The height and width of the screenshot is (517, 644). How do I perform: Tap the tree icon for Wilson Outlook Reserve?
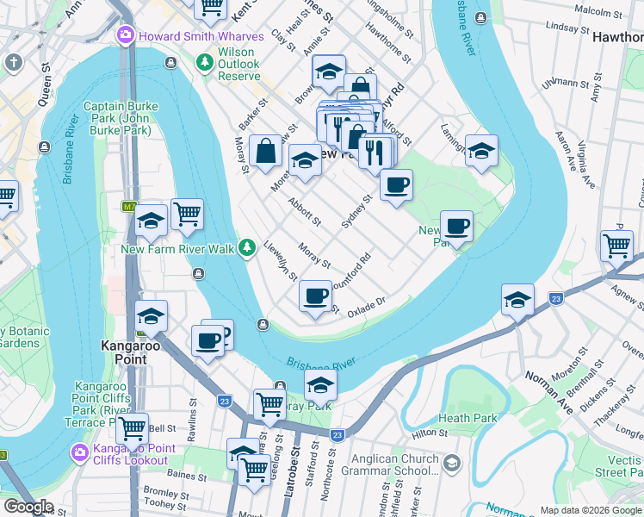click(x=204, y=62)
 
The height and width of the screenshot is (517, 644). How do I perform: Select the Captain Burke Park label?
click(x=121, y=118)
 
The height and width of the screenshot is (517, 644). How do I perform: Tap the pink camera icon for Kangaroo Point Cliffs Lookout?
click(x=79, y=452)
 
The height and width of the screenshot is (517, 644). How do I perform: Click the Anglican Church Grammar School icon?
click(x=453, y=465)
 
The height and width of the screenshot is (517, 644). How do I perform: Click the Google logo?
click(x=28, y=508)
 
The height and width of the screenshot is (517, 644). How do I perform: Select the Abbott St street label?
click(x=306, y=210)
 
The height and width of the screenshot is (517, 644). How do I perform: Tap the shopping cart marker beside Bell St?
click(x=132, y=428)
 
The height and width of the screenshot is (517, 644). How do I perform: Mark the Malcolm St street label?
click(x=598, y=11)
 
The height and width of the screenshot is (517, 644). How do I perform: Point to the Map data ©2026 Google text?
click(x=589, y=510)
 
